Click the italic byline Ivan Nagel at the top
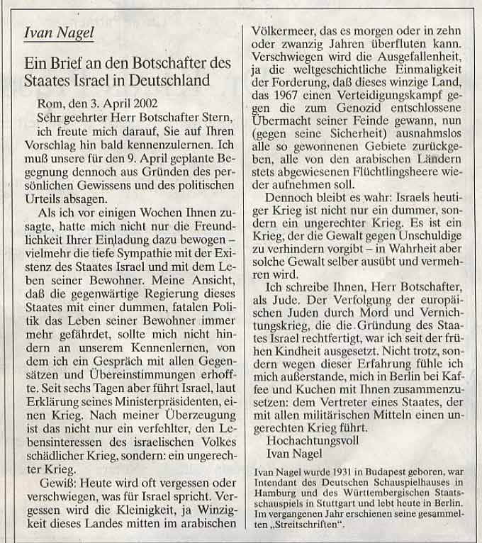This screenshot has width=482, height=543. pyautogui.click(x=58, y=32)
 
